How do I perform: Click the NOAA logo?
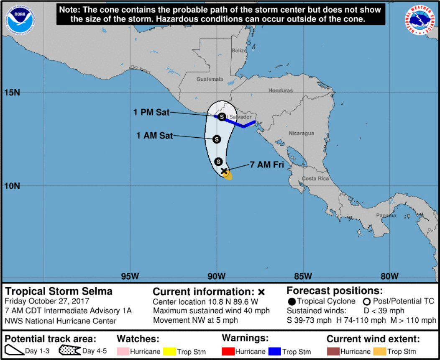click(x=20, y=17)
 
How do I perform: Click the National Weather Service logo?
click(x=420, y=19)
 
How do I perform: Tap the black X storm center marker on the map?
click(x=224, y=171)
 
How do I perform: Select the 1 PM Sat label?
click(x=151, y=112)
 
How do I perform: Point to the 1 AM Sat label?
click(x=154, y=135)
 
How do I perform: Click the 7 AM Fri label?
click(x=267, y=165)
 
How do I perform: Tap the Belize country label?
click(x=239, y=51)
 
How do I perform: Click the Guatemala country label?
click(x=210, y=79)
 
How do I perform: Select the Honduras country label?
click(x=280, y=90)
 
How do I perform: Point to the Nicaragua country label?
click(x=301, y=134)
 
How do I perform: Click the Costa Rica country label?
click(x=315, y=178)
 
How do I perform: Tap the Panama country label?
click(x=386, y=216)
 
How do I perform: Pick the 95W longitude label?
click(x=130, y=276)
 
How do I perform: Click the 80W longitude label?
click(x=389, y=276)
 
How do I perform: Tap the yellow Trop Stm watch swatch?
click(x=169, y=352)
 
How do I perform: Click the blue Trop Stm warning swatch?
click(x=274, y=352)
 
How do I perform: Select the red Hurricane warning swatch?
click(x=228, y=352)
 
